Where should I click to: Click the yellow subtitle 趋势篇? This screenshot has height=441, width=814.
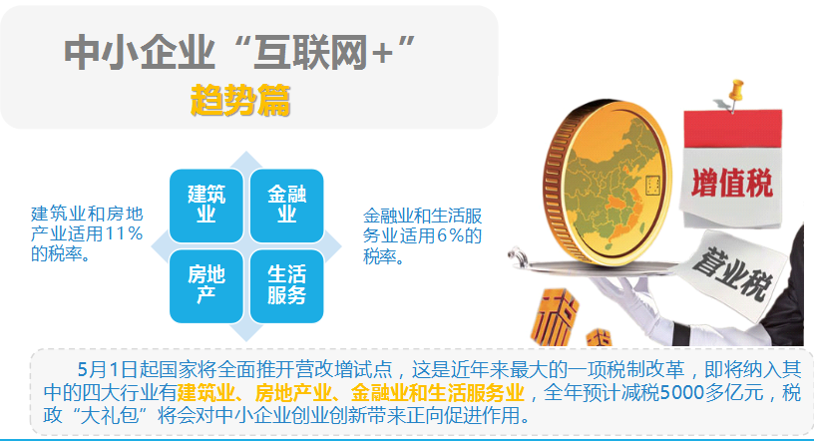pos(240,102)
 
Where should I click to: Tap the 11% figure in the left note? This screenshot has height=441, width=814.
pos(125,233)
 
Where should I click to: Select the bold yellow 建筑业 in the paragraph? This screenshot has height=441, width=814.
pos(207,391)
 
